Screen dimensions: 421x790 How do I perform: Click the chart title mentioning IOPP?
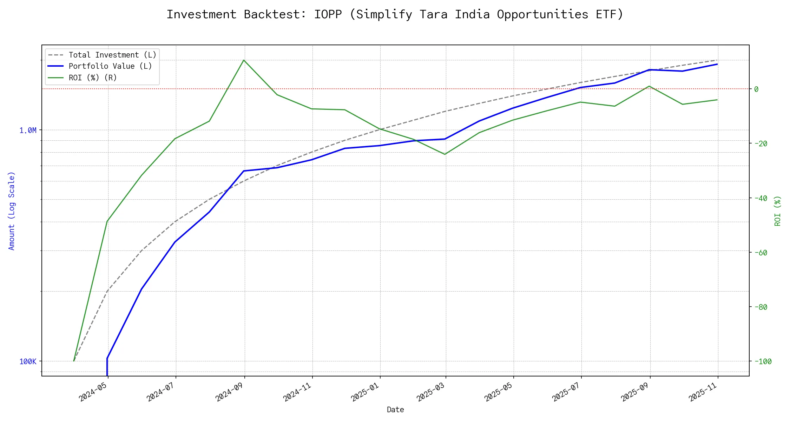point(395,14)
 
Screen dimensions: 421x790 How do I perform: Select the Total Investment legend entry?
point(112,55)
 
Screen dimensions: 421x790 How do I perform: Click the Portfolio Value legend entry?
point(110,66)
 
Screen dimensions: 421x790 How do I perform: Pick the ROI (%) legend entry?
point(93,78)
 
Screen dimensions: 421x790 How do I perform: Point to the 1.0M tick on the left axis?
point(28,131)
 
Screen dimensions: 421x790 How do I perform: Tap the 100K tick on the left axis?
point(28,361)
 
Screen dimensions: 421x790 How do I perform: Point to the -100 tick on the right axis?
point(762,361)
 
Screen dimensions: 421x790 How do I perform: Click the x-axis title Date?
point(395,409)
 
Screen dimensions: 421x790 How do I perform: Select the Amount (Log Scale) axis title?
point(12,210)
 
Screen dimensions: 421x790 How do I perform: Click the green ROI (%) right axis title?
point(778,210)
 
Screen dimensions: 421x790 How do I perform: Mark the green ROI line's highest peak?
point(244,60)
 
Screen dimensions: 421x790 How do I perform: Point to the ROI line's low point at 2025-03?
point(445,154)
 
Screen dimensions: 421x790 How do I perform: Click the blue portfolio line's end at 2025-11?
point(717,64)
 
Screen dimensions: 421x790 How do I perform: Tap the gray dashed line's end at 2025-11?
point(717,60)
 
